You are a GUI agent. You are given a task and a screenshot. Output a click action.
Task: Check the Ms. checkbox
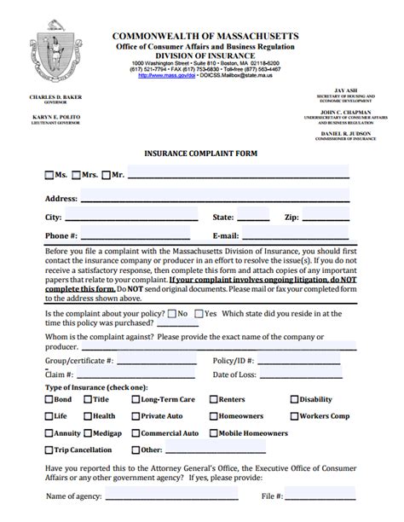tap(49, 176)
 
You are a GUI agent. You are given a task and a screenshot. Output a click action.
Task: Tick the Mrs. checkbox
tap(77, 176)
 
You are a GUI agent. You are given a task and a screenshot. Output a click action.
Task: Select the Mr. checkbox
tap(106, 176)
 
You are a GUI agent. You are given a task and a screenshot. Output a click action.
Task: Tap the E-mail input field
tap(295, 235)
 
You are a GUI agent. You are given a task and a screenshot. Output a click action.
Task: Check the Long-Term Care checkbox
tap(135, 399)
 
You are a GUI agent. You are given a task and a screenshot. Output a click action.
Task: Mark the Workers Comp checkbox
tap(295, 416)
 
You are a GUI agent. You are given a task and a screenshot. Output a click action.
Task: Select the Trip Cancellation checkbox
tap(49, 449)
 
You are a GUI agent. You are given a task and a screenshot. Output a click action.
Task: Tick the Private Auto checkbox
tap(135, 416)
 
